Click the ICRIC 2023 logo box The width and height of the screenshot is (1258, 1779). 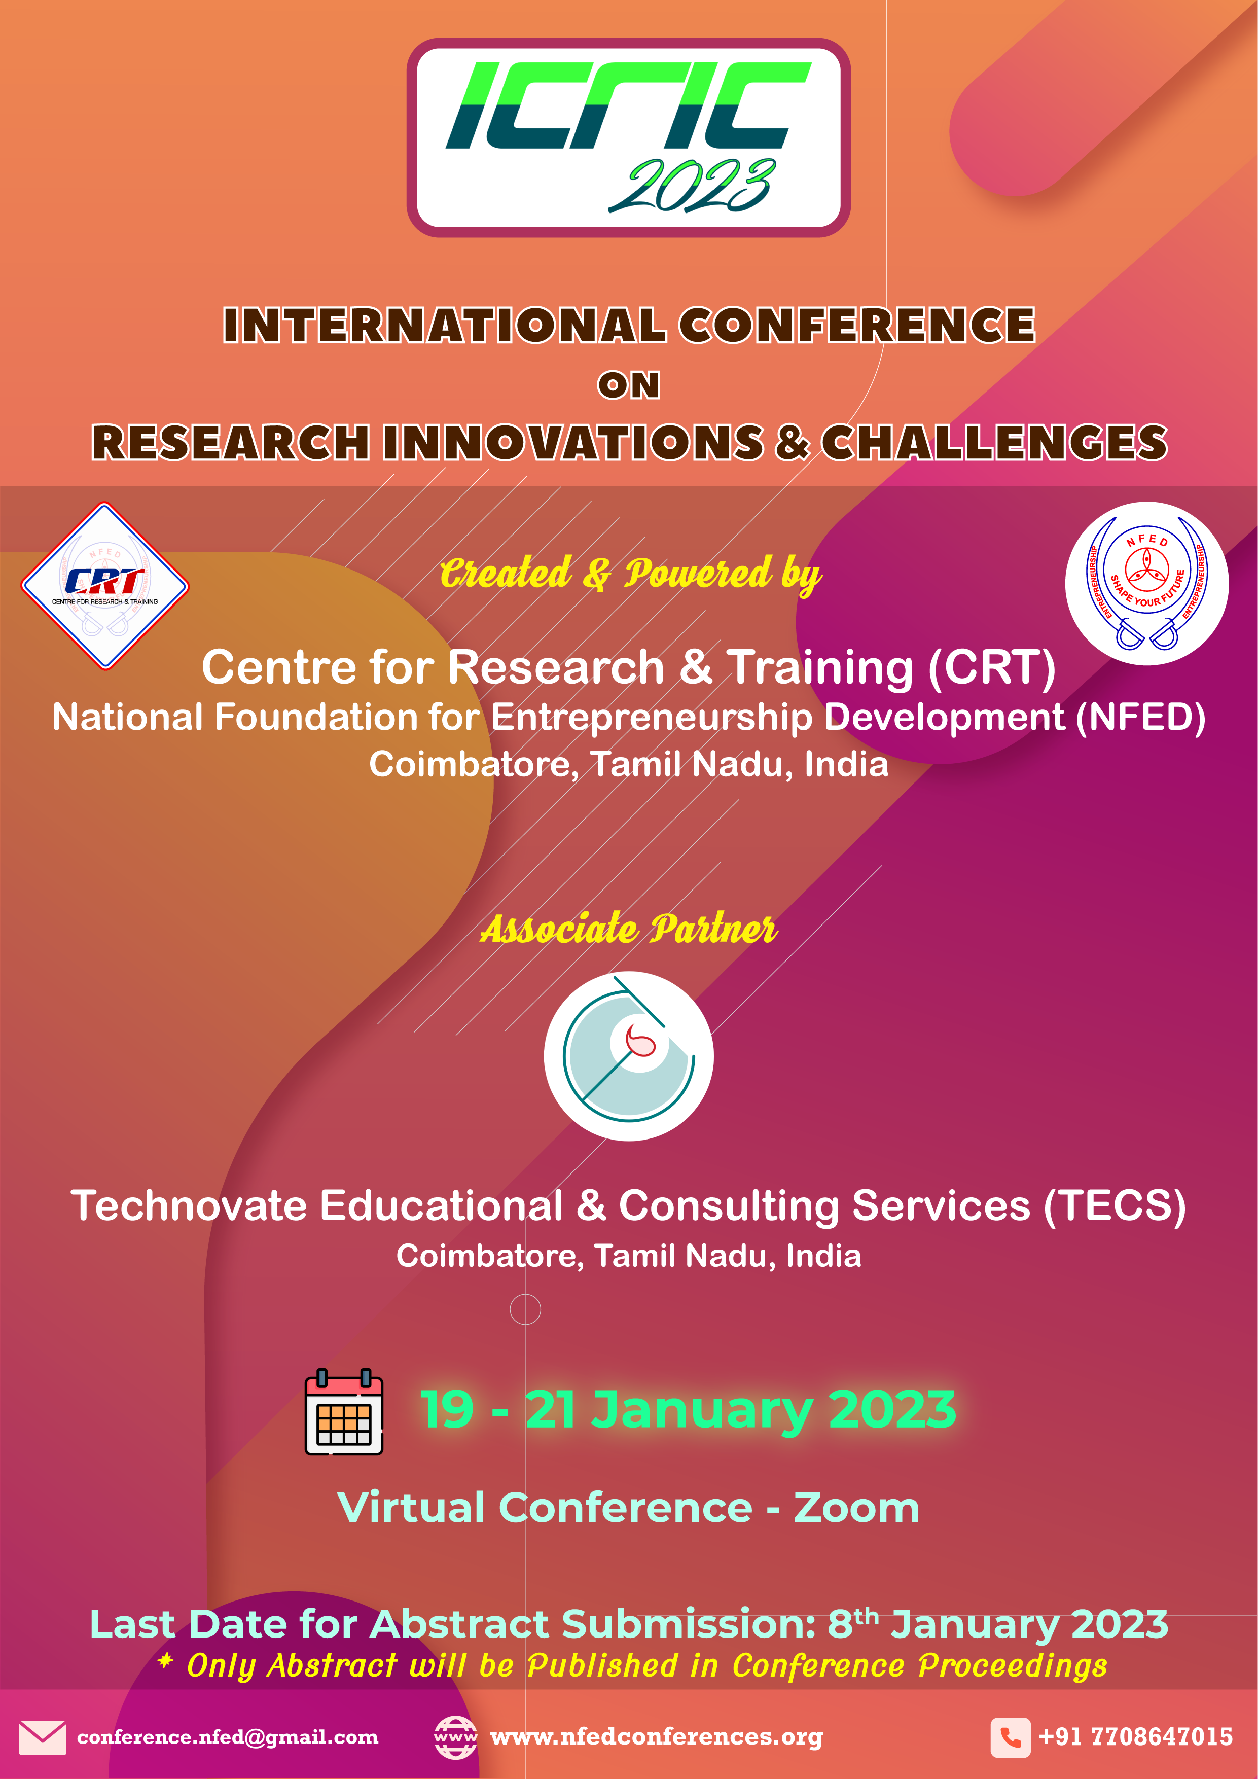point(628,137)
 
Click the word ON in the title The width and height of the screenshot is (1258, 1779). point(628,385)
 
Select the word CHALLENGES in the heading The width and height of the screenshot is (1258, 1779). point(994,442)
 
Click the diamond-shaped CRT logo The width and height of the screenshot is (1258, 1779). point(104,585)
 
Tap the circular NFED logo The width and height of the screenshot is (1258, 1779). point(1146,583)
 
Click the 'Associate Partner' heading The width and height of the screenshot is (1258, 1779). point(628,928)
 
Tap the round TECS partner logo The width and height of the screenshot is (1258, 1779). point(628,1056)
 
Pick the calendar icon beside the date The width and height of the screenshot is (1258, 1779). point(344,1412)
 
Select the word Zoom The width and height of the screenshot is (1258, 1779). point(857,1508)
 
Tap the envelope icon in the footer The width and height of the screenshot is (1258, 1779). point(43,1737)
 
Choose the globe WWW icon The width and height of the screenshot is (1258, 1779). point(455,1737)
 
